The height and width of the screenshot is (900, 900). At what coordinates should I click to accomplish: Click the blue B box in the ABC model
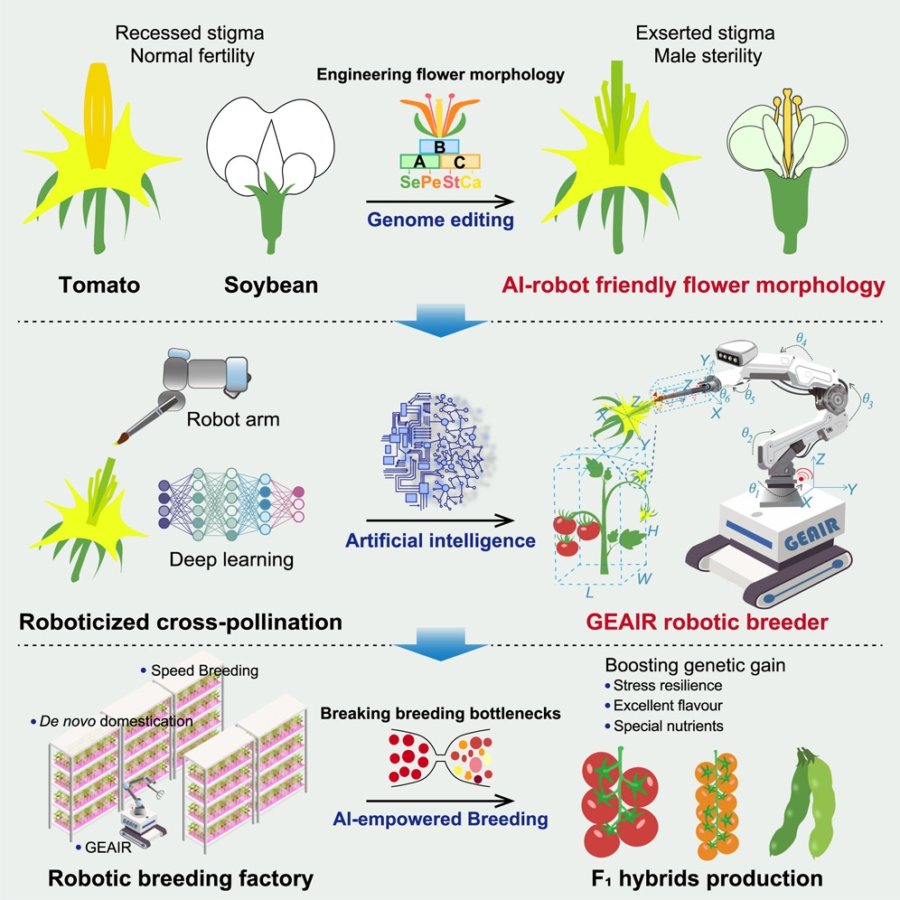(x=440, y=147)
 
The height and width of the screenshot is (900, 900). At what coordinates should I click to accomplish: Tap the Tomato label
(x=98, y=286)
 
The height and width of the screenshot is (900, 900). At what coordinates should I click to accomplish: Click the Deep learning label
(x=231, y=559)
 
